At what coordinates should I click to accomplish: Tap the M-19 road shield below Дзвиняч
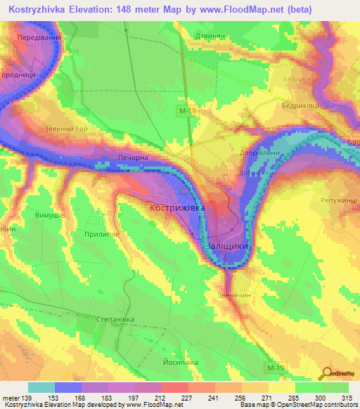coord(185,110)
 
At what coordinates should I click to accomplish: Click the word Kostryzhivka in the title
coord(41,8)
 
